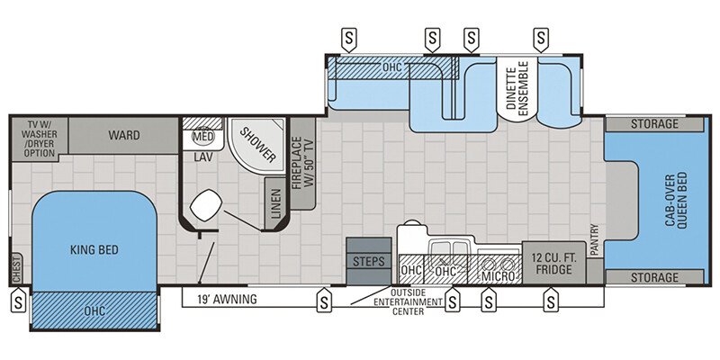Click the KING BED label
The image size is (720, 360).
pyautogui.click(x=95, y=251)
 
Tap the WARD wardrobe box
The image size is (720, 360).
pyautogui.click(x=124, y=136)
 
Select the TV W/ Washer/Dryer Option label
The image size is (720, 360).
pyautogui.click(x=40, y=139)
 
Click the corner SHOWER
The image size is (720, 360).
pyautogui.click(x=256, y=144)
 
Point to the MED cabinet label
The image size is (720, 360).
pyautogui.click(x=202, y=138)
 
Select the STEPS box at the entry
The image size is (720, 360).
pyautogui.click(x=369, y=261)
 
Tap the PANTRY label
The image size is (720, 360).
pyautogui.click(x=594, y=241)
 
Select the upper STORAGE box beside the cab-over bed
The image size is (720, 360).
pyautogui.click(x=654, y=123)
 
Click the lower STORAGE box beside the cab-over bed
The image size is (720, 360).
pyautogui.click(x=654, y=276)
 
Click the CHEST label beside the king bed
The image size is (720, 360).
pyautogui.click(x=16, y=266)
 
